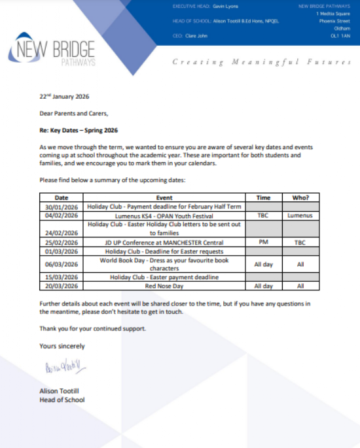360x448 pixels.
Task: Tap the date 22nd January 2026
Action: tap(64, 97)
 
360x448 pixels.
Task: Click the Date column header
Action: tap(61, 198)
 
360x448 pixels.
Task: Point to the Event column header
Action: tap(164, 198)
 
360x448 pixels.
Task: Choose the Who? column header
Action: tap(300, 198)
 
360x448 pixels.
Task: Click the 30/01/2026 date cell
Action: tap(61, 206)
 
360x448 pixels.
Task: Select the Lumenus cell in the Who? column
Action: tap(300, 215)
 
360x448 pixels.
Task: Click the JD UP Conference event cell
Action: tap(164, 242)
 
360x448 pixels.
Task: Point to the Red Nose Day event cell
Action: tap(164, 286)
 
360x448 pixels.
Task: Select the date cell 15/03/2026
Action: tap(61, 277)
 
